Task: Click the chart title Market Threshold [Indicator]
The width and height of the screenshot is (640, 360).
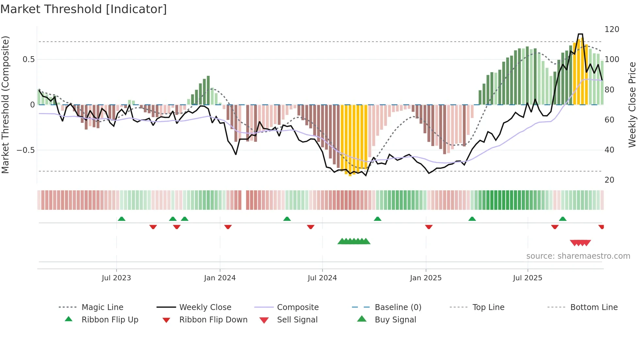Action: [x=84, y=9]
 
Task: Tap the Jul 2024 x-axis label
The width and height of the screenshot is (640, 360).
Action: [x=322, y=278]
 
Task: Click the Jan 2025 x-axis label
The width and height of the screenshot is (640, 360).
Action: [x=425, y=278]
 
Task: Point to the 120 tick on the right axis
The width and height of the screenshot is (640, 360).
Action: [x=612, y=29]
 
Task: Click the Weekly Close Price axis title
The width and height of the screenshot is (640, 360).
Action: [x=632, y=105]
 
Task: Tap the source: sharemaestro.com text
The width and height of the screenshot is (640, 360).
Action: [x=578, y=256]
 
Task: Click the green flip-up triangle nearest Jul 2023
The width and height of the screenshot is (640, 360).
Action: [x=121, y=219]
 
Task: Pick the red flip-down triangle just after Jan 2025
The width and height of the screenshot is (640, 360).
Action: [x=429, y=227]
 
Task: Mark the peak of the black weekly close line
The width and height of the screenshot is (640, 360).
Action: [x=580, y=34]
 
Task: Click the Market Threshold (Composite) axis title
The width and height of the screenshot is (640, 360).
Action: [x=5, y=105]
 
